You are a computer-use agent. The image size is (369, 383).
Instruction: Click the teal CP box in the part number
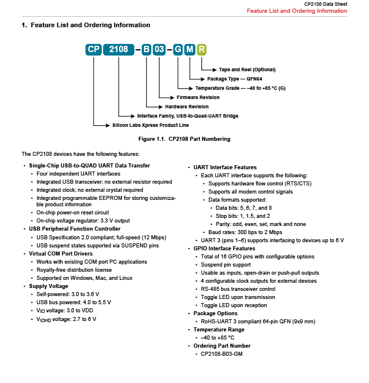(x=94, y=49)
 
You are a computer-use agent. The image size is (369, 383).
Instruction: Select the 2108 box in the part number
(x=119, y=49)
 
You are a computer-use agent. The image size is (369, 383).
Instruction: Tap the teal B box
(x=146, y=49)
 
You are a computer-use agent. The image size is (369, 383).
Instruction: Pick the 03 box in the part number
(x=159, y=49)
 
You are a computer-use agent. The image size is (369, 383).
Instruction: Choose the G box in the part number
(x=178, y=49)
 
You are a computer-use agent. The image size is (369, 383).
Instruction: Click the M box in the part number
(x=190, y=49)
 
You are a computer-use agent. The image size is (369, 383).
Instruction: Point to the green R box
(x=201, y=49)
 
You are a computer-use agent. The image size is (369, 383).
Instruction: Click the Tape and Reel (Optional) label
(x=247, y=70)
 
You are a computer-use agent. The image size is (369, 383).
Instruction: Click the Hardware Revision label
(x=187, y=107)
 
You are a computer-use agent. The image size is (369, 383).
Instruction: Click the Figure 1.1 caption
(x=184, y=139)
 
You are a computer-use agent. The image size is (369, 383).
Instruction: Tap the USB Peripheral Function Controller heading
(x=75, y=229)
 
